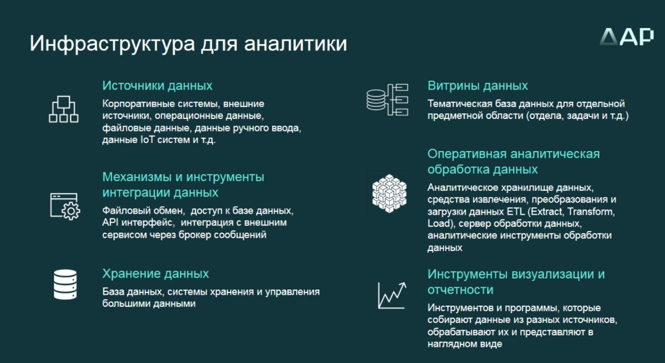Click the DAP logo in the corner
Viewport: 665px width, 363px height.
627,36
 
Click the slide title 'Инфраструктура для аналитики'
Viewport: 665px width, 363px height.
188,44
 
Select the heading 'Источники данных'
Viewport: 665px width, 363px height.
157,86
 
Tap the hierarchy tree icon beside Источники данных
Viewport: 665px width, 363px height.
64,109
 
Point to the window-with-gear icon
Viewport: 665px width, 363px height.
65,207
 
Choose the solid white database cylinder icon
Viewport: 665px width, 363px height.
65,284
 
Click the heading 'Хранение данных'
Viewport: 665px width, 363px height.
156,273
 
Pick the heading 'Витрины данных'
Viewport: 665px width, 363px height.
478,86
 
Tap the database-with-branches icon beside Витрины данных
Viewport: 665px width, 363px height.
387,100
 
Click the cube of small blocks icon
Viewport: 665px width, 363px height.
389,193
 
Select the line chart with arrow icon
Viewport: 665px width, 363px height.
392,295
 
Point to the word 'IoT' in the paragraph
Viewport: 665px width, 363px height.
147,140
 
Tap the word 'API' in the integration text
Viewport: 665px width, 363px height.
108,223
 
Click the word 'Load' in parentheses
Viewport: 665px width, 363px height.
438,223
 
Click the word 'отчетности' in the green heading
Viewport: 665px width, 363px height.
461,289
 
